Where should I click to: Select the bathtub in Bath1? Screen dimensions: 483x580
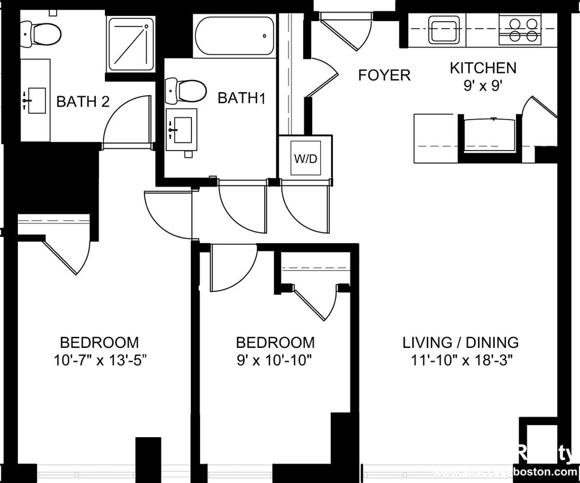[x=234, y=35]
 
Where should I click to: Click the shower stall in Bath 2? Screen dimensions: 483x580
[x=131, y=44]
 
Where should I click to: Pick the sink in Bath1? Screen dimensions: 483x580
[x=182, y=130]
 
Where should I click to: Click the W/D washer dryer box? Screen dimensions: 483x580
[x=305, y=158]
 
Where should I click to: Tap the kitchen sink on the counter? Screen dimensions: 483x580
[x=444, y=30]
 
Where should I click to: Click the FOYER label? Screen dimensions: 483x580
[x=384, y=75]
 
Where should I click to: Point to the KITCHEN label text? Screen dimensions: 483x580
[x=483, y=68]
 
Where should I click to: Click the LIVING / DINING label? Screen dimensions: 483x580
[x=460, y=343]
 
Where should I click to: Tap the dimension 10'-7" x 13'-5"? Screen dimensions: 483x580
[x=100, y=361]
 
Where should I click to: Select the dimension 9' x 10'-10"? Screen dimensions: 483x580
[x=275, y=361]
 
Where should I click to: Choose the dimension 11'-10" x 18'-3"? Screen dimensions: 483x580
[x=460, y=361]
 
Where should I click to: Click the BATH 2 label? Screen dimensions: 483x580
[x=83, y=102]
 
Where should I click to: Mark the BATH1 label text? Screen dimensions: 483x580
[x=242, y=98]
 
